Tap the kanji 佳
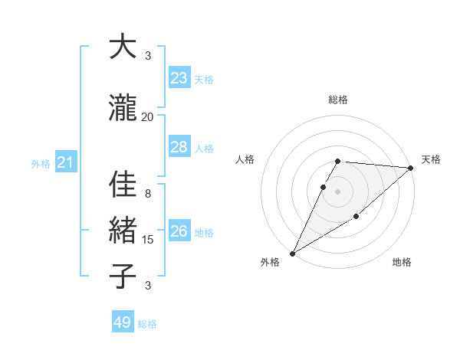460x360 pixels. click(x=123, y=185)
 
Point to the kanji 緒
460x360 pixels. click(x=123, y=231)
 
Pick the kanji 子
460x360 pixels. click(x=123, y=275)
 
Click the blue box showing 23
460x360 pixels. click(x=179, y=78)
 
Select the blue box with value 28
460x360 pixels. click(x=179, y=147)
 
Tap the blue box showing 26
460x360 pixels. click(x=179, y=231)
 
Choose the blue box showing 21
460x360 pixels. click(x=65, y=162)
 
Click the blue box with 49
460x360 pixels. click(x=123, y=322)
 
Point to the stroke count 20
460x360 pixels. click(x=147, y=116)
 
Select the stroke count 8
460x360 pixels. click(x=147, y=193)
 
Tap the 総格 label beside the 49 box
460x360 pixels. click(x=147, y=324)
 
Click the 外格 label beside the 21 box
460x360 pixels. click(x=41, y=163)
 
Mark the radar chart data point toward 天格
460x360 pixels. click(x=411, y=169)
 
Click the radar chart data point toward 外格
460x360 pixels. click(x=292, y=253)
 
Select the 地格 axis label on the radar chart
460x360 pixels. click(x=402, y=262)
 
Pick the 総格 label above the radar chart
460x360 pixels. click(x=338, y=100)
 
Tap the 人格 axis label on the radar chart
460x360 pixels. click(x=245, y=159)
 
